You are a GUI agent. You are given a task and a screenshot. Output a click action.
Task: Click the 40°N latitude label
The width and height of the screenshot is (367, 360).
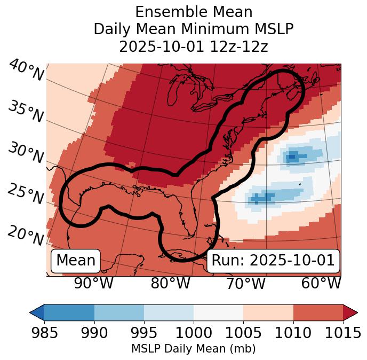pos(26,71)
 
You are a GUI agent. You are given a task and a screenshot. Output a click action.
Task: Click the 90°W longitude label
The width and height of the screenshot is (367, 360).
pos(94,284)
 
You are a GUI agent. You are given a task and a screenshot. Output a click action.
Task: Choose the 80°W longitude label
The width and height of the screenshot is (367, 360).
pos(170,284)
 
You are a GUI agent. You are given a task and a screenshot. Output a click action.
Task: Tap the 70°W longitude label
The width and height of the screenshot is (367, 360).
pos(246,284)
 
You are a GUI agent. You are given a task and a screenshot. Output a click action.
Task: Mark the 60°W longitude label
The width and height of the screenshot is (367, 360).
pos(321,284)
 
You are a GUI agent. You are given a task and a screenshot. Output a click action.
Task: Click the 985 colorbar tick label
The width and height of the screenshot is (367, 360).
pos(44,333)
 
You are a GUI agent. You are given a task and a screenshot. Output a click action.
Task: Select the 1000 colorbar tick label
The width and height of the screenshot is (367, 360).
pos(194,333)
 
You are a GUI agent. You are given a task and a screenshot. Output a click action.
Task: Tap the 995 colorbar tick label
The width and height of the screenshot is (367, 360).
pos(144,333)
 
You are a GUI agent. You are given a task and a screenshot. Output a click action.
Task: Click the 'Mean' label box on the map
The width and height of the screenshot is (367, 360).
pos(76,261)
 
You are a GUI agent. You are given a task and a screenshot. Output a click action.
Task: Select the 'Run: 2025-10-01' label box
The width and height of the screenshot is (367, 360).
pos(273,261)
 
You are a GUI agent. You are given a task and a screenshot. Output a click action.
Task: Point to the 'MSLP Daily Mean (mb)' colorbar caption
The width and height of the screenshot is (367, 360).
pos(194,349)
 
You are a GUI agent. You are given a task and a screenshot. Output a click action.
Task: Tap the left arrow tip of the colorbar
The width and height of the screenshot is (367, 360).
pos(31,312)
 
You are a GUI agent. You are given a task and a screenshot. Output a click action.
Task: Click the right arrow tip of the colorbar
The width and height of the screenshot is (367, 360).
pos(356,312)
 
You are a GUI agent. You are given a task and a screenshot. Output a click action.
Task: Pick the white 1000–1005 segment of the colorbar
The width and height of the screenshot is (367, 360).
pos(218,312)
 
